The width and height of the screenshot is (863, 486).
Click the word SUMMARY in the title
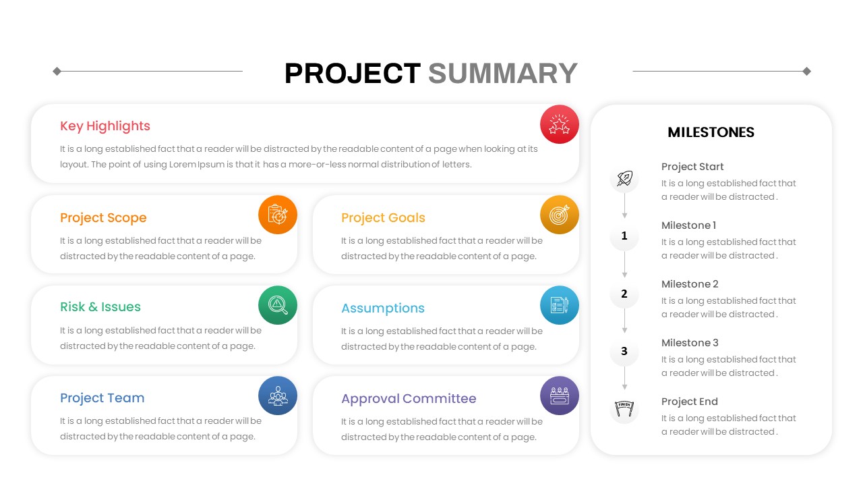click(x=503, y=74)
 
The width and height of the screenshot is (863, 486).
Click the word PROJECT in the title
click(x=353, y=74)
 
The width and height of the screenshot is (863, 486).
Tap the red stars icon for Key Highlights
click(x=560, y=124)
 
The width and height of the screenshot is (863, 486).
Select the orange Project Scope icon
click(x=278, y=215)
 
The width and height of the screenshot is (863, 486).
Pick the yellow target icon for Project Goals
click(x=560, y=215)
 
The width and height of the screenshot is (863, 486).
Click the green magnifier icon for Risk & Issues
click(x=278, y=305)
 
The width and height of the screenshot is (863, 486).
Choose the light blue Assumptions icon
click(x=560, y=305)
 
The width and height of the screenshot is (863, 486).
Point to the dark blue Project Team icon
click(x=278, y=396)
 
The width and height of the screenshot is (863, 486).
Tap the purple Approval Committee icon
click(x=560, y=396)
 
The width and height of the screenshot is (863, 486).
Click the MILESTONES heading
click(x=711, y=133)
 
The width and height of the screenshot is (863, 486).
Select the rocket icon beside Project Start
click(x=624, y=178)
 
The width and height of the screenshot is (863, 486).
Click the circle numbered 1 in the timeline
click(x=624, y=236)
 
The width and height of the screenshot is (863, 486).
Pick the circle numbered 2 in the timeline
click(x=624, y=294)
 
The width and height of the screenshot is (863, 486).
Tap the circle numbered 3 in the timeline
click(x=624, y=352)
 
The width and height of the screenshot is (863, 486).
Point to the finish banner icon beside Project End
click(x=624, y=409)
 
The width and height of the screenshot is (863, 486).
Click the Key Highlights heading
click(x=105, y=126)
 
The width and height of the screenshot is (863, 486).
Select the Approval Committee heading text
click(x=409, y=399)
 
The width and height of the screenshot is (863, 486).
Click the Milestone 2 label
click(x=690, y=284)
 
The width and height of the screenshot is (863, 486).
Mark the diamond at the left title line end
click(x=57, y=71)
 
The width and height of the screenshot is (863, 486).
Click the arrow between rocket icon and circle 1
click(x=625, y=206)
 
